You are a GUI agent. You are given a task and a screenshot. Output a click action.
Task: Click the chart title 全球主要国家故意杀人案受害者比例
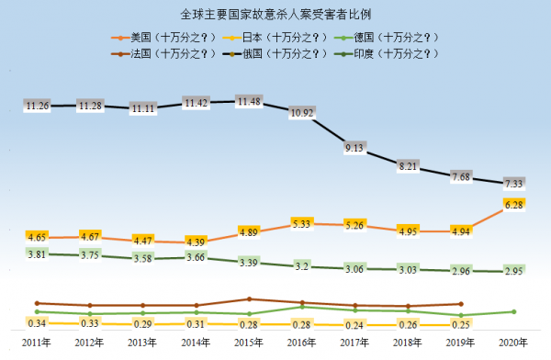pos(275,14)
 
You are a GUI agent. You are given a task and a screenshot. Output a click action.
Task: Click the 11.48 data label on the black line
pos(249,101)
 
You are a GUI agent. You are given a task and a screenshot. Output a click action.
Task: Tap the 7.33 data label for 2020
pos(513,185)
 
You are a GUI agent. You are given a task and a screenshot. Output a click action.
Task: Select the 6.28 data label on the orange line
pos(513,204)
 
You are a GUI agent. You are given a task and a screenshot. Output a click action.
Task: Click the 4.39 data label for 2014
pos(196,242)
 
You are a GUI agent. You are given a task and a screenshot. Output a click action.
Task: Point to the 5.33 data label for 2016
pos(301,223)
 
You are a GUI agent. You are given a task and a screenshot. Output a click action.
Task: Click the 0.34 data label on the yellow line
pos(38,323)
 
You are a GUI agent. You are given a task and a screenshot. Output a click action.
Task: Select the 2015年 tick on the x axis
pos(249,343)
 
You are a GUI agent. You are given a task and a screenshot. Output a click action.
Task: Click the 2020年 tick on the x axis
pos(513,343)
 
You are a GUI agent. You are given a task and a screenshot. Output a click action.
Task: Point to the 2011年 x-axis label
pos(38,343)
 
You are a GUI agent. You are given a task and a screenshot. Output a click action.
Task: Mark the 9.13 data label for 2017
pos(354,147)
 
